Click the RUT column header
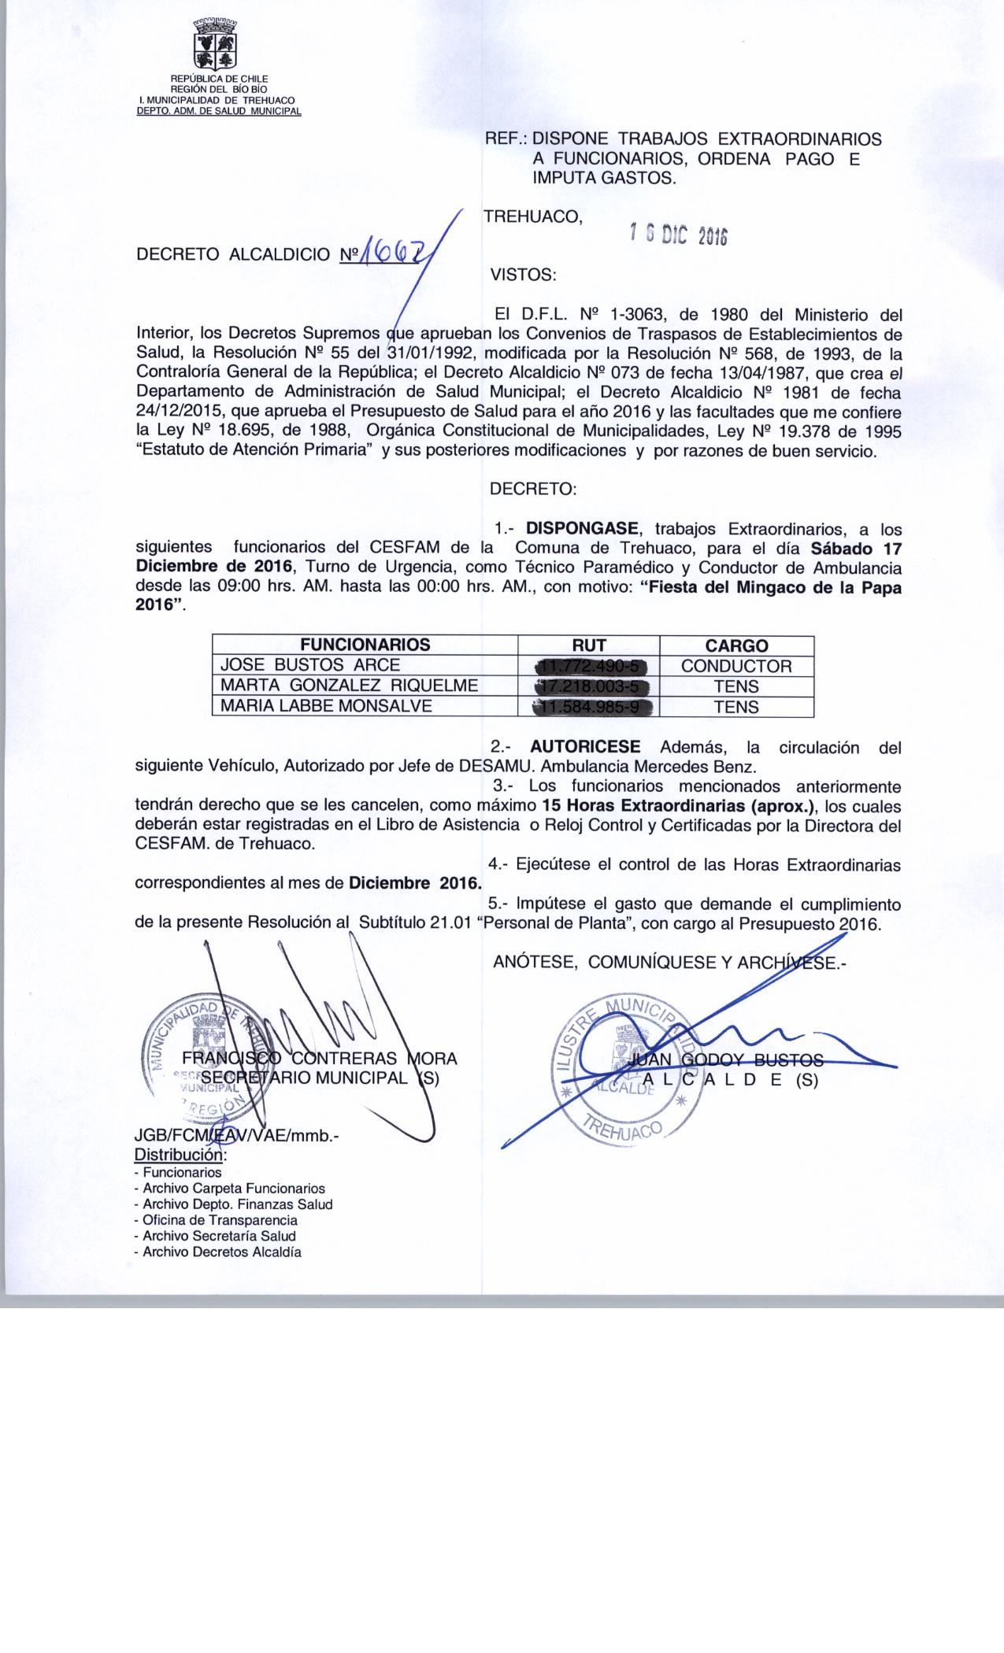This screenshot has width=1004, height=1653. [589, 645]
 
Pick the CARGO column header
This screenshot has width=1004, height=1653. [736, 645]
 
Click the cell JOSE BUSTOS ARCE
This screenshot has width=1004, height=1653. [310, 665]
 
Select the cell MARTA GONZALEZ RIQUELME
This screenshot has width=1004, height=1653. [349, 686]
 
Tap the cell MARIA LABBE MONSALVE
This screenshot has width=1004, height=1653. [326, 706]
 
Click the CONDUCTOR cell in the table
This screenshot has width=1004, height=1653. [736, 666]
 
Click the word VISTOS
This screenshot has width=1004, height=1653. [523, 275]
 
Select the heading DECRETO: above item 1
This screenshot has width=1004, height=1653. [533, 489]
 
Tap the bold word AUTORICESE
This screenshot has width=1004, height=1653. [586, 746]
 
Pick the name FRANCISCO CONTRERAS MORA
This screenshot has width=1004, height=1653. [320, 1059]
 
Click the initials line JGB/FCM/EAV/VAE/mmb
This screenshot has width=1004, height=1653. [237, 1138]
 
